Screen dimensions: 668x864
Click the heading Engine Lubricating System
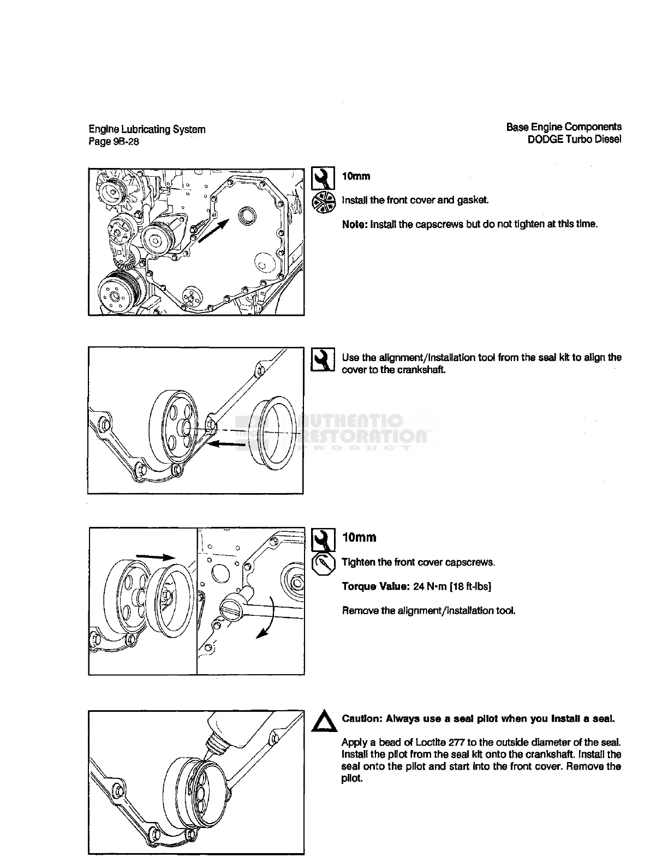(x=147, y=130)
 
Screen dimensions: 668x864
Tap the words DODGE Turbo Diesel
(x=574, y=139)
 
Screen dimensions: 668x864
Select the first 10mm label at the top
(x=356, y=176)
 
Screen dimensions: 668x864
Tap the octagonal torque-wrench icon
(x=323, y=565)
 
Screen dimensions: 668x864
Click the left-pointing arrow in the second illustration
(x=226, y=445)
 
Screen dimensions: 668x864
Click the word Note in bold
(x=355, y=224)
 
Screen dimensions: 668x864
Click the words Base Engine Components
(x=564, y=127)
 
